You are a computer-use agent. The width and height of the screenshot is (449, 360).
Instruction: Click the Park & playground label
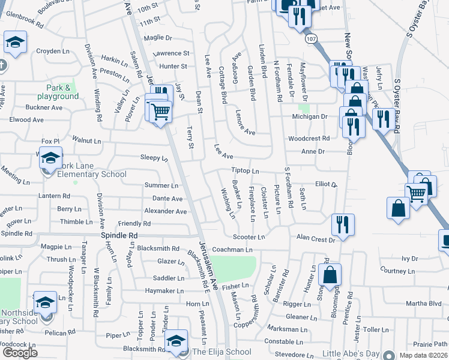[58, 92]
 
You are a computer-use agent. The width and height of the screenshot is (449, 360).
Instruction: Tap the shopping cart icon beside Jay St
[160, 111]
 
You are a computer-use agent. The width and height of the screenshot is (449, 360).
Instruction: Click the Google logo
[20, 353]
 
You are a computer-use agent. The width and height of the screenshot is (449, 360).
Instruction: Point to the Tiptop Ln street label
[244, 171]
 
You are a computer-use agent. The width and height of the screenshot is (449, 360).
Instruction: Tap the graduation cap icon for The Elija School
[176, 341]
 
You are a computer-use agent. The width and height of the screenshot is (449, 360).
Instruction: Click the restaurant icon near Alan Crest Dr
[342, 225]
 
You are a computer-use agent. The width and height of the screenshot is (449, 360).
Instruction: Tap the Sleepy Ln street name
[154, 158]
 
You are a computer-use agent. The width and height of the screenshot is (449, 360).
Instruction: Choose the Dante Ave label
[167, 199]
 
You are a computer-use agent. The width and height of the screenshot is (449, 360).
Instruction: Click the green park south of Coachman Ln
[234, 266]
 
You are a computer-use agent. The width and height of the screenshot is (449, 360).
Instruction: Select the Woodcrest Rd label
[309, 138]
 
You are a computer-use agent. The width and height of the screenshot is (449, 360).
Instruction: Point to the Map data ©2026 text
[424, 355]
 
